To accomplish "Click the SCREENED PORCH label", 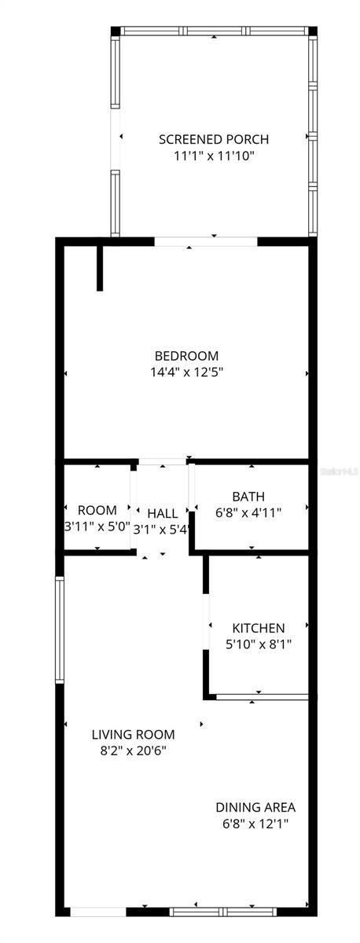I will click(214, 139).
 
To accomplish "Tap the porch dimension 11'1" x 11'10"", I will click(214, 156).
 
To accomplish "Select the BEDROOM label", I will click(186, 356).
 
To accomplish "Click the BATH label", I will click(248, 497).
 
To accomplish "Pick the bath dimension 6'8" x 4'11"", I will click(248, 512).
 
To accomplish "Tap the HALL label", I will click(163, 513).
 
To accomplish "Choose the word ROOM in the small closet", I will click(97, 511).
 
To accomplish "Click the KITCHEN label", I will click(258, 628).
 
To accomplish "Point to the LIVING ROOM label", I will click(133, 735).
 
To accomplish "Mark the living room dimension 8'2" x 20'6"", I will click(133, 750).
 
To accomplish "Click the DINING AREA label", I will click(255, 807).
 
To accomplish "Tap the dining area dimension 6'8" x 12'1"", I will click(255, 824).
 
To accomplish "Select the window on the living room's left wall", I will click(59, 629).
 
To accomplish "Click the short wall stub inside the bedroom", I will click(100, 267).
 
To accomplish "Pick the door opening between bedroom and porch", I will click(206, 241).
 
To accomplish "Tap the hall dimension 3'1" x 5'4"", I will click(162, 530).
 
